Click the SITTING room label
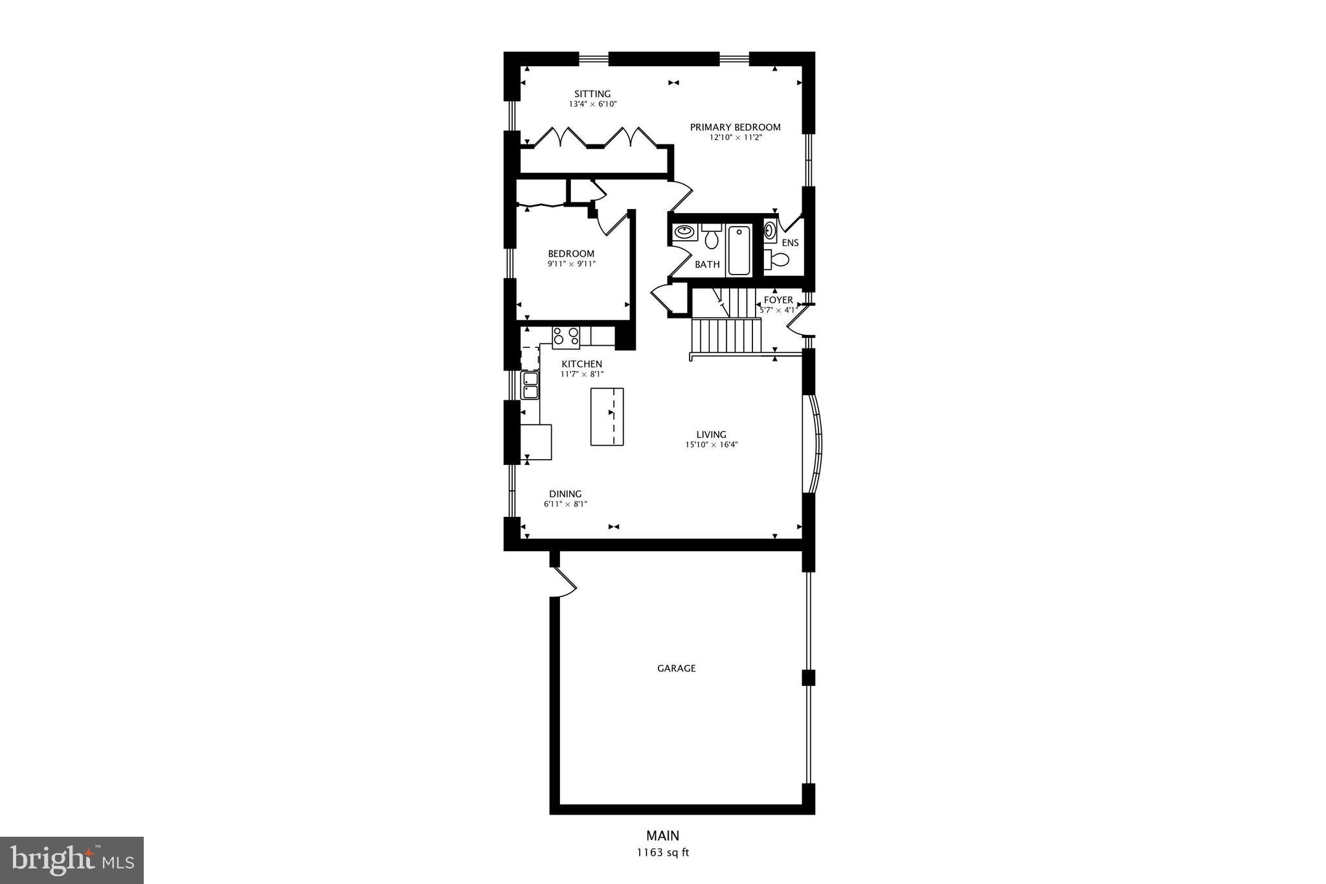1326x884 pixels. (x=592, y=94)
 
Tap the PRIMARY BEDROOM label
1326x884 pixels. (x=735, y=127)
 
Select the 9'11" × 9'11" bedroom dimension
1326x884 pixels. (x=571, y=264)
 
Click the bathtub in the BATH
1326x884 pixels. (x=739, y=251)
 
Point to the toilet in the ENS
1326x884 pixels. (x=778, y=260)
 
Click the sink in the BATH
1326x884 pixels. (x=683, y=232)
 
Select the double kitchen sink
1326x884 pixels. (x=530, y=385)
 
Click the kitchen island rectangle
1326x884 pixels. (x=607, y=416)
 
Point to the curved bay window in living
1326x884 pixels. (x=815, y=444)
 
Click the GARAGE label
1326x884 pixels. (x=676, y=668)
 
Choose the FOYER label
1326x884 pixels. (x=778, y=300)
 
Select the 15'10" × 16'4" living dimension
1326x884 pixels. (x=711, y=445)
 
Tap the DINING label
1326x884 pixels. (x=565, y=493)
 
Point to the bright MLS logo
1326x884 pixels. (x=72, y=860)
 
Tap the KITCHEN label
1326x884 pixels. (x=581, y=364)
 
